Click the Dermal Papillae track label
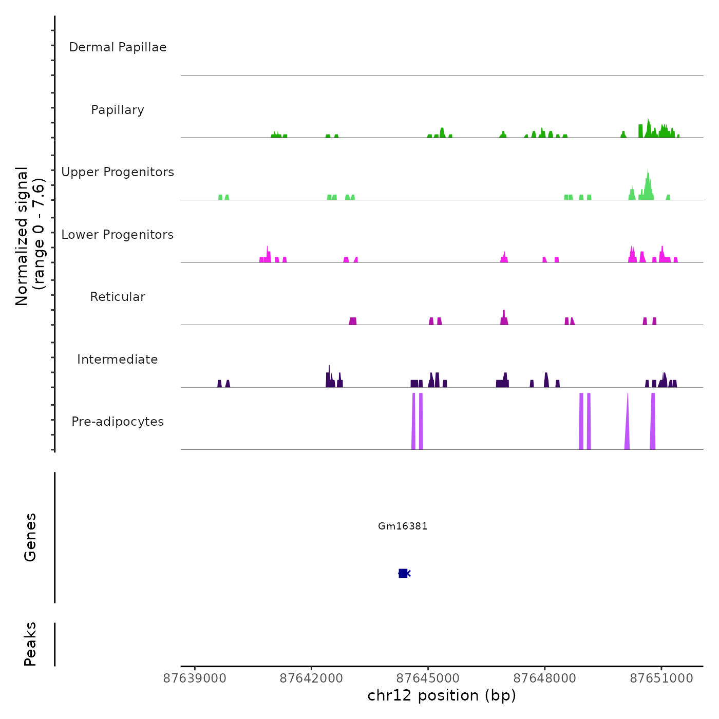coord(118,47)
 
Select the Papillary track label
coord(118,110)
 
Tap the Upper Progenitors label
coord(118,172)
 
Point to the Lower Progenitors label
coord(118,235)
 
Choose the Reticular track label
coord(118,297)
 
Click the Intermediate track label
coord(118,359)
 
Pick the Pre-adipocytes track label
coord(118,422)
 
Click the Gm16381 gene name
coord(403,526)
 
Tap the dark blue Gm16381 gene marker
coord(403,573)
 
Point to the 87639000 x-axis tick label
coord(195,678)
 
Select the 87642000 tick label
coord(311,678)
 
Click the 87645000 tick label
coord(428,678)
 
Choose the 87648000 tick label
coord(545,678)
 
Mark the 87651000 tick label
coord(661,678)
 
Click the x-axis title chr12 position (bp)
coord(442,695)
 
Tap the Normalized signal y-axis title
coord(30,236)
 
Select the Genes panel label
coord(30,537)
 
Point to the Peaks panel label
coord(30,644)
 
